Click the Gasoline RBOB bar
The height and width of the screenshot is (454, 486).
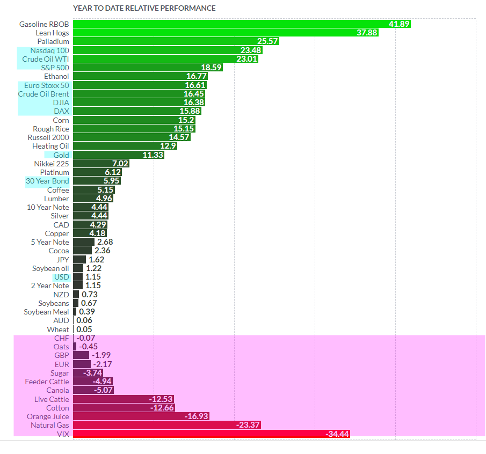click(x=242, y=24)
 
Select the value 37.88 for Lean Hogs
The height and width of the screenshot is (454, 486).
click(x=367, y=33)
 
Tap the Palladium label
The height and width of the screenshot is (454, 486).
click(x=53, y=41)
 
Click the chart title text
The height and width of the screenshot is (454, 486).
click(x=144, y=9)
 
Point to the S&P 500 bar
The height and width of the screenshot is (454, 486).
click(x=148, y=68)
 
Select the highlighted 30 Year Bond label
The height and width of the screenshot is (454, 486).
click(x=47, y=181)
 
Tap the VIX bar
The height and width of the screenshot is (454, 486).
click(x=211, y=434)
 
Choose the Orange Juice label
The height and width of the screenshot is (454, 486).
click(x=48, y=416)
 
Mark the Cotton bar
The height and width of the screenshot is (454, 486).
click(x=123, y=408)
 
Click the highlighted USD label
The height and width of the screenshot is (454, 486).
click(x=61, y=277)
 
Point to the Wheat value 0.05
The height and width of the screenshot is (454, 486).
click(x=84, y=329)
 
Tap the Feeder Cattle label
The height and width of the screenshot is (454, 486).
click(x=47, y=382)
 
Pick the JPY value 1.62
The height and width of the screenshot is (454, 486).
click(x=96, y=260)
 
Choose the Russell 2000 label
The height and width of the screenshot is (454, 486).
click(x=48, y=137)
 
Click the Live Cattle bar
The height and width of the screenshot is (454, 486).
click(x=123, y=399)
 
